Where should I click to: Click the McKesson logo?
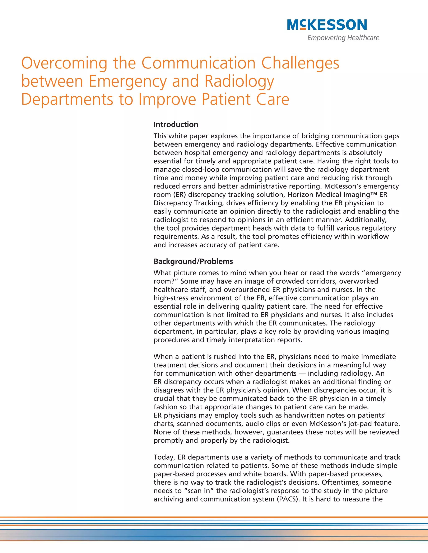tap(327, 25)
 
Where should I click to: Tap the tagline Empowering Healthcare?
tap(343, 38)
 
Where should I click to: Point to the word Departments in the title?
tap(67, 99)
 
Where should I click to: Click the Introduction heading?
tap(176, 125)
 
